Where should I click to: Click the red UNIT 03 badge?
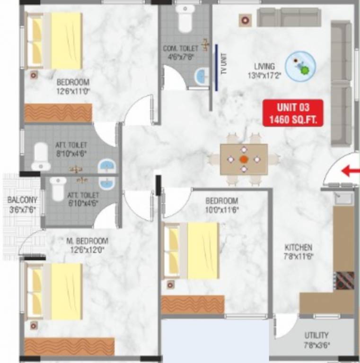click(x=293, y=113)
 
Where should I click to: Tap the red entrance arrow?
click(x=351, y=171)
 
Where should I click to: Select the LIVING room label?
click(x=264, y=67)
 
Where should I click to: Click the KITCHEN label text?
click(x=298, y=247)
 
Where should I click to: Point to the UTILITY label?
click(x=316, y=335)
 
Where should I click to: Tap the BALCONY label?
click(x=22, y=200)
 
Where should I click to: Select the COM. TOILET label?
click(x=180, y=49)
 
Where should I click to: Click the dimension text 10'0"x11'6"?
click(x=221, y=209)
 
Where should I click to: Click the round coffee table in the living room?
click(x=301, y=66)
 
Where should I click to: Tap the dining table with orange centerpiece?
click(x=244, y=159)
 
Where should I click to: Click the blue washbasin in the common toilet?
click(x=202, y=76)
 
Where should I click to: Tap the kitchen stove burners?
click(x=345, y=280)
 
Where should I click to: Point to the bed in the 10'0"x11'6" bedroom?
click(x=191, y=251)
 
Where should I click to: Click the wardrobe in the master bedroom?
click(x=70, y=346)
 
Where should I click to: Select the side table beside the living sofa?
click(x=245, y=20)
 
